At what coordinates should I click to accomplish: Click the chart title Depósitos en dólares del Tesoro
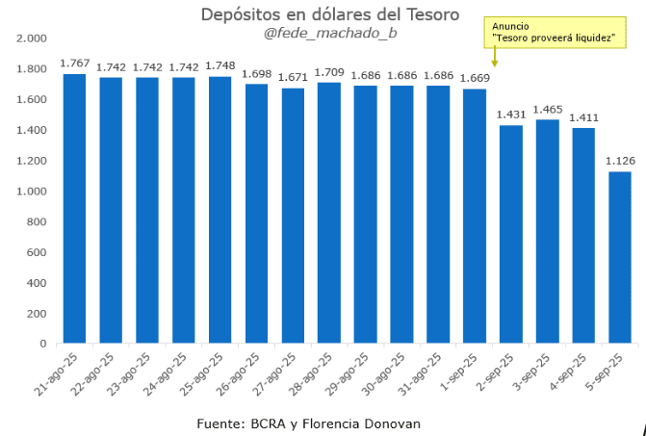[330, 14]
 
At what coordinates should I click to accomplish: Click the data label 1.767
[74, 63]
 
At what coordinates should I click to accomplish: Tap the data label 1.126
[619, 161]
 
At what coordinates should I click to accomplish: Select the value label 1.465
[547, 109]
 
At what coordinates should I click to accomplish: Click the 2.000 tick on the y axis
[32, 38]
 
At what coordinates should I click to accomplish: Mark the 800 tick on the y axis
[36, 221]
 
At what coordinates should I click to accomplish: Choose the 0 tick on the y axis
[43, 344]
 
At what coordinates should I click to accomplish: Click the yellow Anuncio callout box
[553, 31]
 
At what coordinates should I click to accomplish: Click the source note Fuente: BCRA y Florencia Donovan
[308, 423]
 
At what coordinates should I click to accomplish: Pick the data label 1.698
[256, 73]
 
